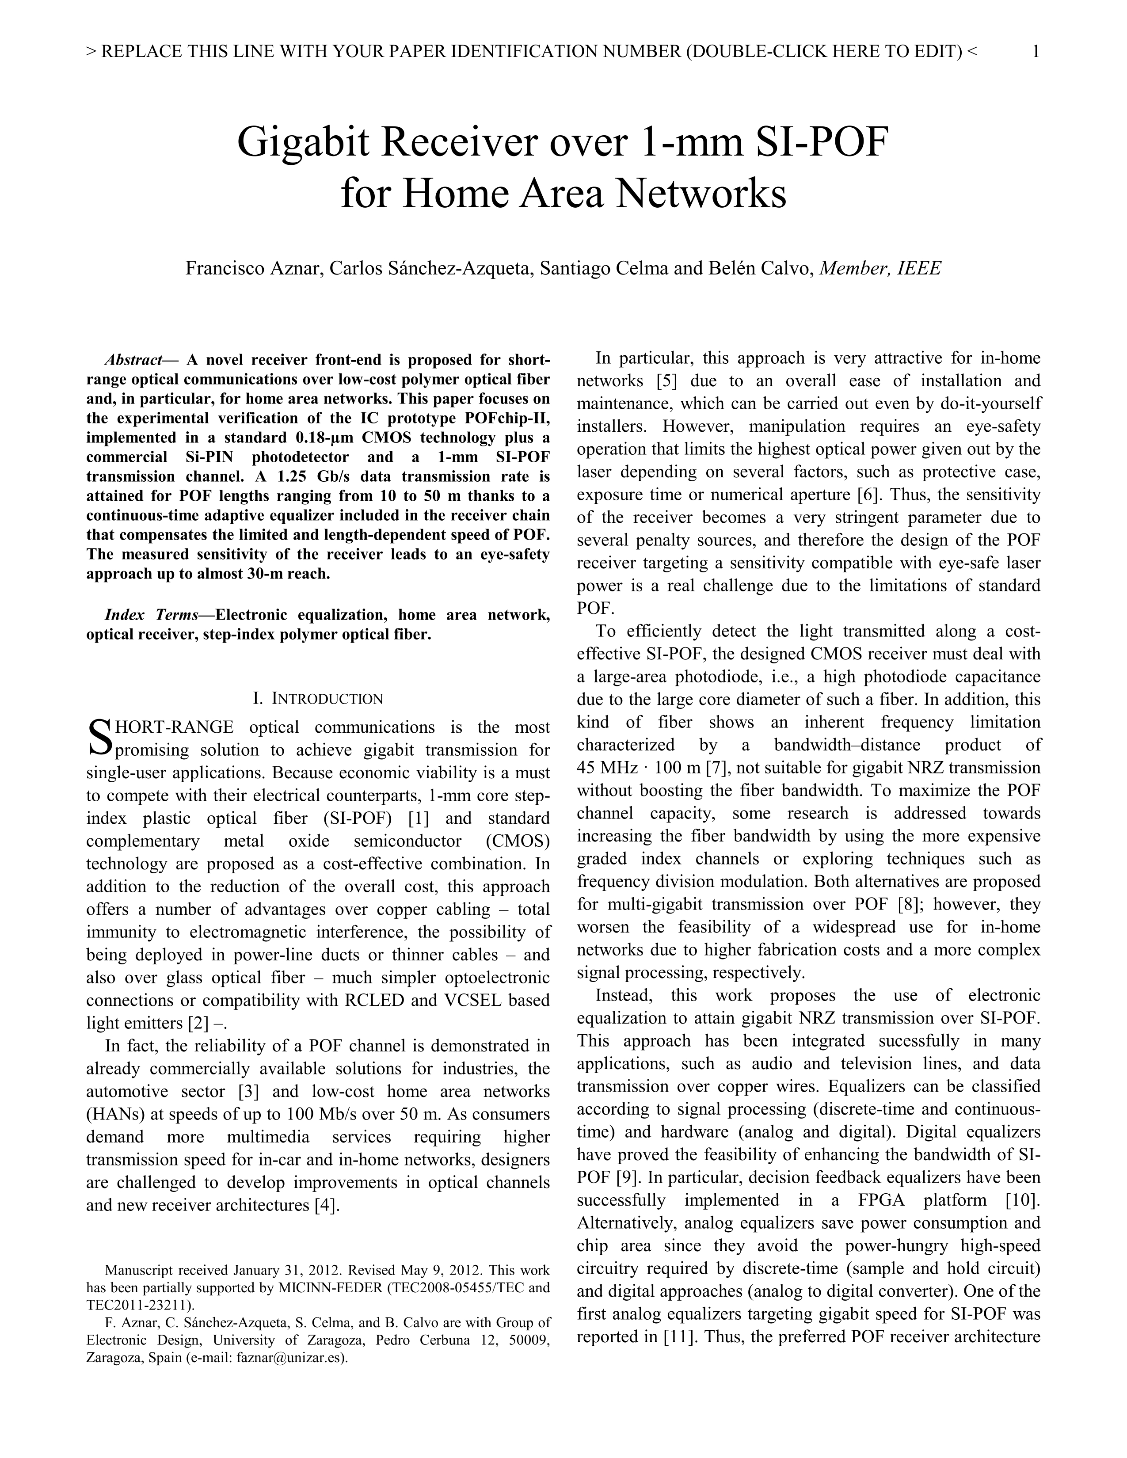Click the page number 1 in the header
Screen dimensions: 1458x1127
click(1036, 51)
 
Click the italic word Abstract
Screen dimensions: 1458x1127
click(133, 361)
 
